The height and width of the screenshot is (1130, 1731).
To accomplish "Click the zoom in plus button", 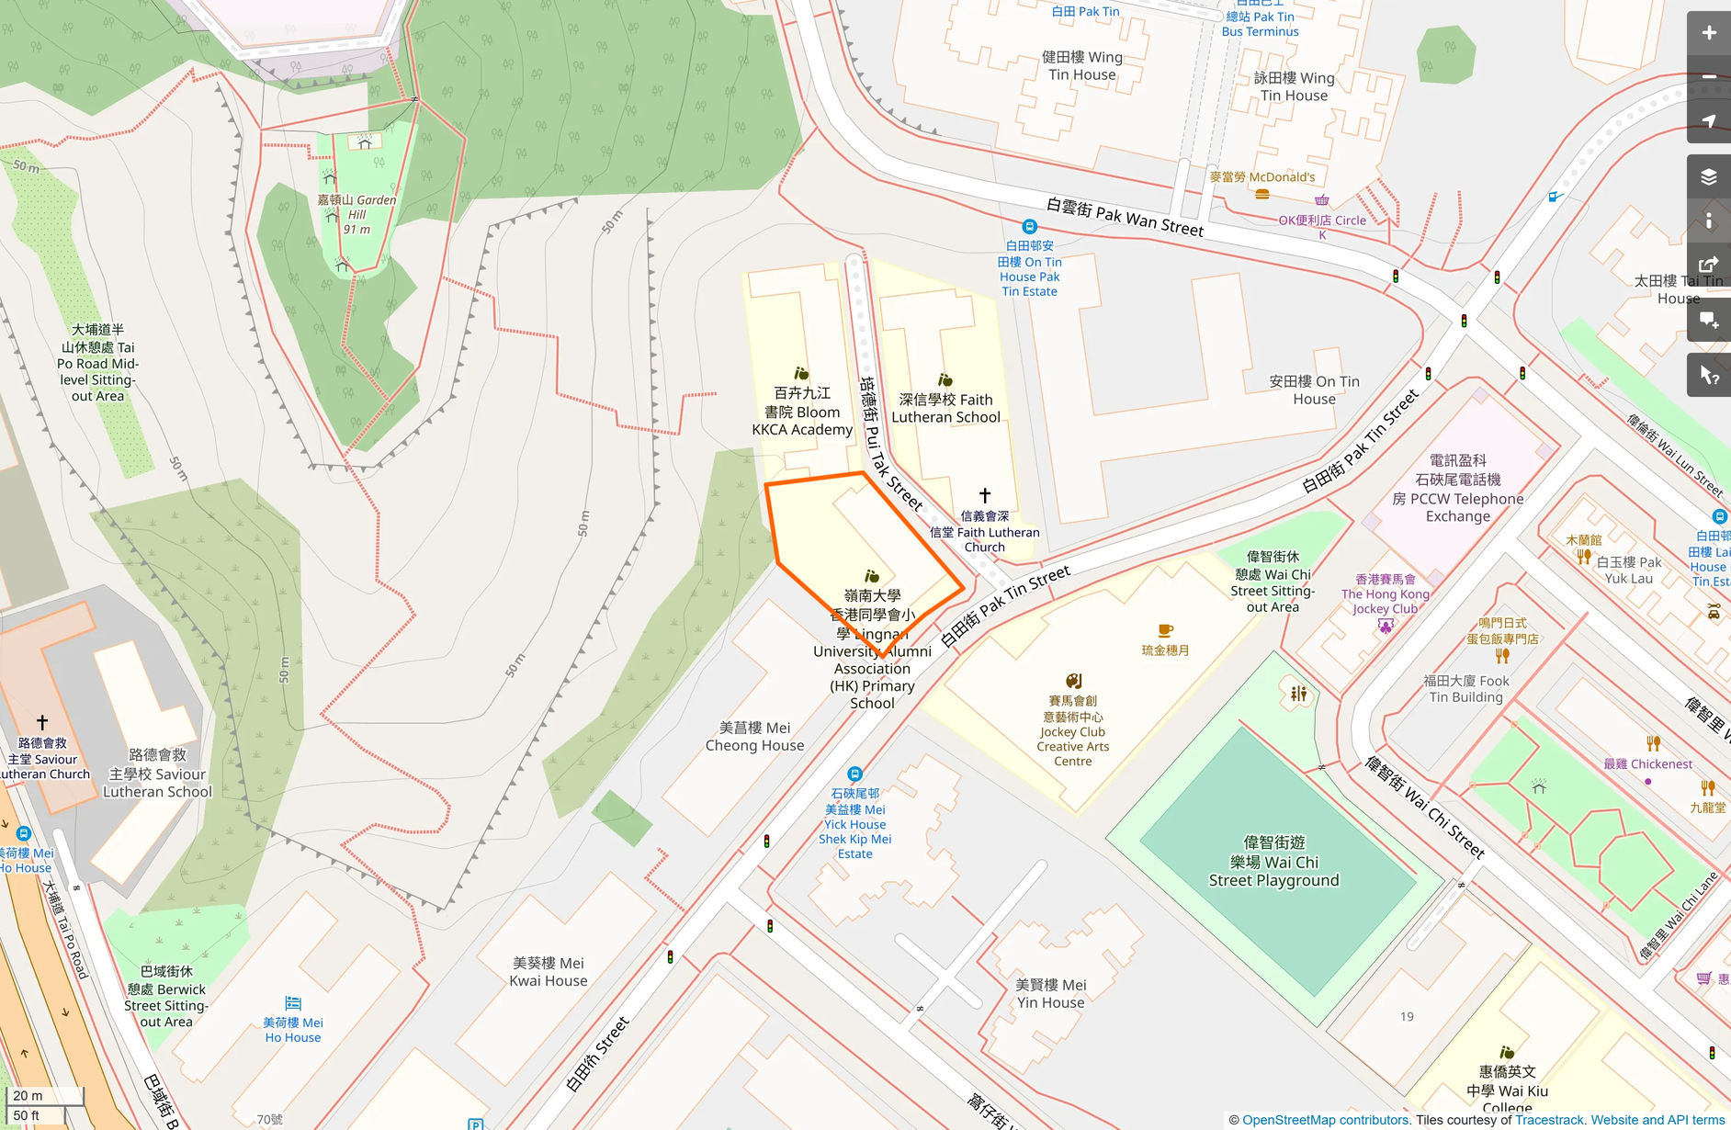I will (1708, 33).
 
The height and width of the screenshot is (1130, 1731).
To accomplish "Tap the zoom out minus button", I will (1708, 76).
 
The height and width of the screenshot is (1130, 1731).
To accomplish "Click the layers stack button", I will (1708, 176).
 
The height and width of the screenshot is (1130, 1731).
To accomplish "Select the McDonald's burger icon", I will (1261, 194).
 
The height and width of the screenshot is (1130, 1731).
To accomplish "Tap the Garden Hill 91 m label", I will (357, 214).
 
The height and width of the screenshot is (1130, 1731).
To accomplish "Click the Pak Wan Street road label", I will (1125, 216).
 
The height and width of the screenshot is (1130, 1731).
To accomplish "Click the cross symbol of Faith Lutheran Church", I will (984, 495).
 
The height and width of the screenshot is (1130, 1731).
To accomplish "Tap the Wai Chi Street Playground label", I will (1273, 862).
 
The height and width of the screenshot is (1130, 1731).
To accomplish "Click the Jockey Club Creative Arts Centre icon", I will (1072, 681).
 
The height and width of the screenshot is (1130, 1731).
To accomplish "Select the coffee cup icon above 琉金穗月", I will (1165, 630).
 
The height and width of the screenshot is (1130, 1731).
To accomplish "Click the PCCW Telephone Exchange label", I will (1457, 489).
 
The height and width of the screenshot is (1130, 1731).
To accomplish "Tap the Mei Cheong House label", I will (754, 737).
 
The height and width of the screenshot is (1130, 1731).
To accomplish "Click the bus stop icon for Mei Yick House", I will (854, 774).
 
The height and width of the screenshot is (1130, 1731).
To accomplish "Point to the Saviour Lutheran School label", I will (157, 774).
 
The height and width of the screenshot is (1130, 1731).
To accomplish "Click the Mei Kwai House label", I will (548, 972).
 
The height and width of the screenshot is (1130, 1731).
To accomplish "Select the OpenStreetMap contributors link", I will (1325, 1120).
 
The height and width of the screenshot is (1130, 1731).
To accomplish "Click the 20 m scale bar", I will (44, 1096).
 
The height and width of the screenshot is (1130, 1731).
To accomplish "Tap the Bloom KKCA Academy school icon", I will (801, 374).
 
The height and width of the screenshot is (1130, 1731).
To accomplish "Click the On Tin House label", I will (1314, 390).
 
